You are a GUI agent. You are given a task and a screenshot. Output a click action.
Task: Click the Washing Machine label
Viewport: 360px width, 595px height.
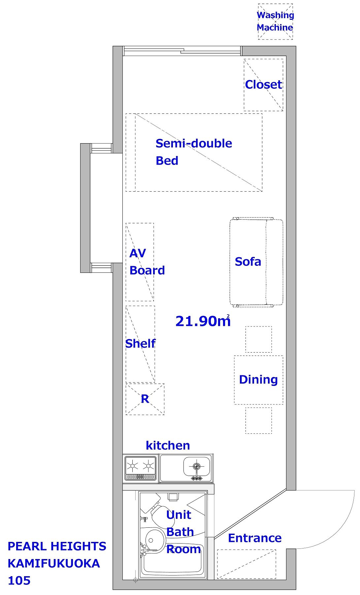point(275,21)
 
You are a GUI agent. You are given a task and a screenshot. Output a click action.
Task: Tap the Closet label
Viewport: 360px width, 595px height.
point(263,85)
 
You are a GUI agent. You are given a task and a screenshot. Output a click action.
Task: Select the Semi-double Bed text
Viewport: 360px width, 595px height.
point(194,152)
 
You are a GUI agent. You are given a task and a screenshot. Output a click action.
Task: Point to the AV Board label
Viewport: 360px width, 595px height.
point(147,262)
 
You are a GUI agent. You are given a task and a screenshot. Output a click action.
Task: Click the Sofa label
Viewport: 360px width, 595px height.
point(248,262)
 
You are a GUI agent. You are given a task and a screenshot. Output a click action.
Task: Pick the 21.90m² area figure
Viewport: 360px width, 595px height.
point(203,321)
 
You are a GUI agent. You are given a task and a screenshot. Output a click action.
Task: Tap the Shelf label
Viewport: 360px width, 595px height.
point(140,344)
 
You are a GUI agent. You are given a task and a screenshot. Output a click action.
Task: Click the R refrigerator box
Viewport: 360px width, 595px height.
point(145,399)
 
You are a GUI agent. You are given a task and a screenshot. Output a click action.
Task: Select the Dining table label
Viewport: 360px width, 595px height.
point(258,379)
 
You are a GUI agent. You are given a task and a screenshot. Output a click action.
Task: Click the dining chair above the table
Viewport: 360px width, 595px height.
point(259,339)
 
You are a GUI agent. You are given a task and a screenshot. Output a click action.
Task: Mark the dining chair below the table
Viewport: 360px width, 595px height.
point(259,421)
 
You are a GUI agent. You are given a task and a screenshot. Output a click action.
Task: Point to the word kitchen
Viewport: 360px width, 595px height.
point(168,445)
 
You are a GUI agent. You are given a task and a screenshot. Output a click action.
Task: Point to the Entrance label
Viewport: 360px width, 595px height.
point(255,538)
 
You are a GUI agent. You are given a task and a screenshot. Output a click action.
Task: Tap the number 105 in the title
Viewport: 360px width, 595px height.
point(19,581)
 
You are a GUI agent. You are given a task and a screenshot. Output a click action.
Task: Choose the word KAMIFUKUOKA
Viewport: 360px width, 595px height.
point(54,563)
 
